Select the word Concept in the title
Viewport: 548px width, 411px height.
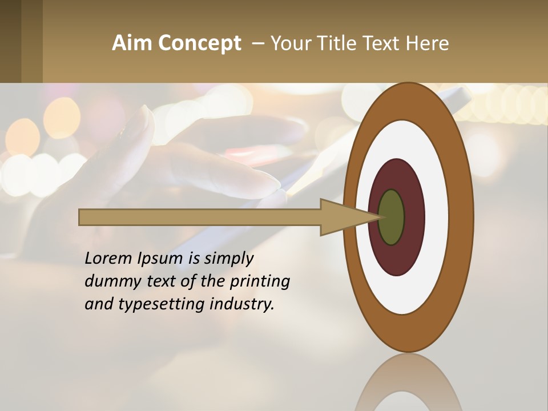[200, 43]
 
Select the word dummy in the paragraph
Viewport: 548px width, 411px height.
[111, 281]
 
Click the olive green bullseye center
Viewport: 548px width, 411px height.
[392, 217]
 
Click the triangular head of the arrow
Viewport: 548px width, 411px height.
[342, 217]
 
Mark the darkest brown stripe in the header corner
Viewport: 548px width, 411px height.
[10, 41]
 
